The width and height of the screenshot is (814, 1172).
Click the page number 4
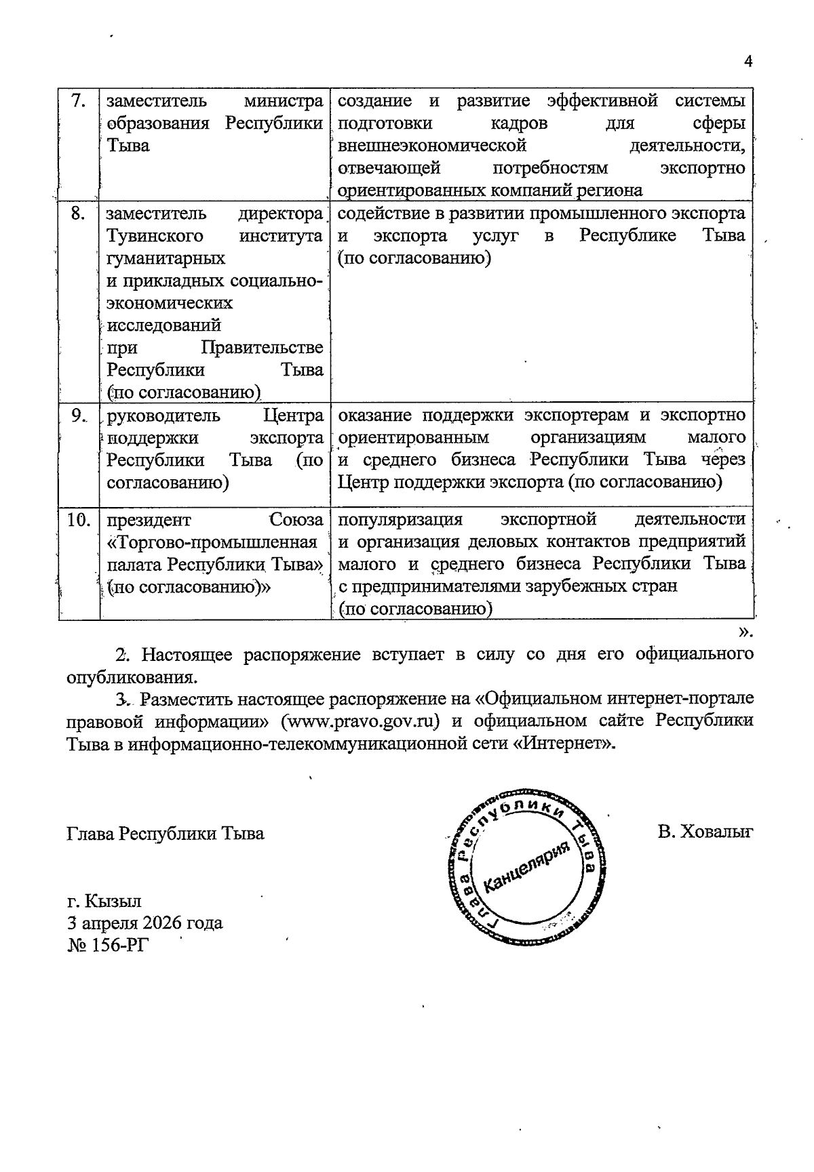[x=748, y=62]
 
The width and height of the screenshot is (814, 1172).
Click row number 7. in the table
[x=78, y=102]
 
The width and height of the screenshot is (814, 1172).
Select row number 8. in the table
[x=78, y=214]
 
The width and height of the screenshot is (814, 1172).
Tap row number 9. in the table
[x=79, y=416]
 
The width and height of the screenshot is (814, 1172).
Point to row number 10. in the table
[x=79, y=521]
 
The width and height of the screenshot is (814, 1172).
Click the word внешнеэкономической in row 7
[x=432, y=146]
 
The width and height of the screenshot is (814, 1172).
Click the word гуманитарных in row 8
[x=166, y=259]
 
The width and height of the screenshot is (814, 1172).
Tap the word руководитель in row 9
[x=163, y=416]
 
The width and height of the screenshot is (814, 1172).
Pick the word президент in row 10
[x=149, y=521]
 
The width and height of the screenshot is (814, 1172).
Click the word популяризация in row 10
[x=400, y=520]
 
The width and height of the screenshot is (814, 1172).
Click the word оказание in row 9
[x=375, y=415]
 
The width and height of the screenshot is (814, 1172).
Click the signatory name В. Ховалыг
[x=705, y=832]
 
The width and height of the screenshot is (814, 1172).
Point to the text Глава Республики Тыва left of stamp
[x=166, y=833]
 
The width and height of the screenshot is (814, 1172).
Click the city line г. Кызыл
[x=104, y=901]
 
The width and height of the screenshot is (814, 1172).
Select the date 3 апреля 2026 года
[x=144, y=923]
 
